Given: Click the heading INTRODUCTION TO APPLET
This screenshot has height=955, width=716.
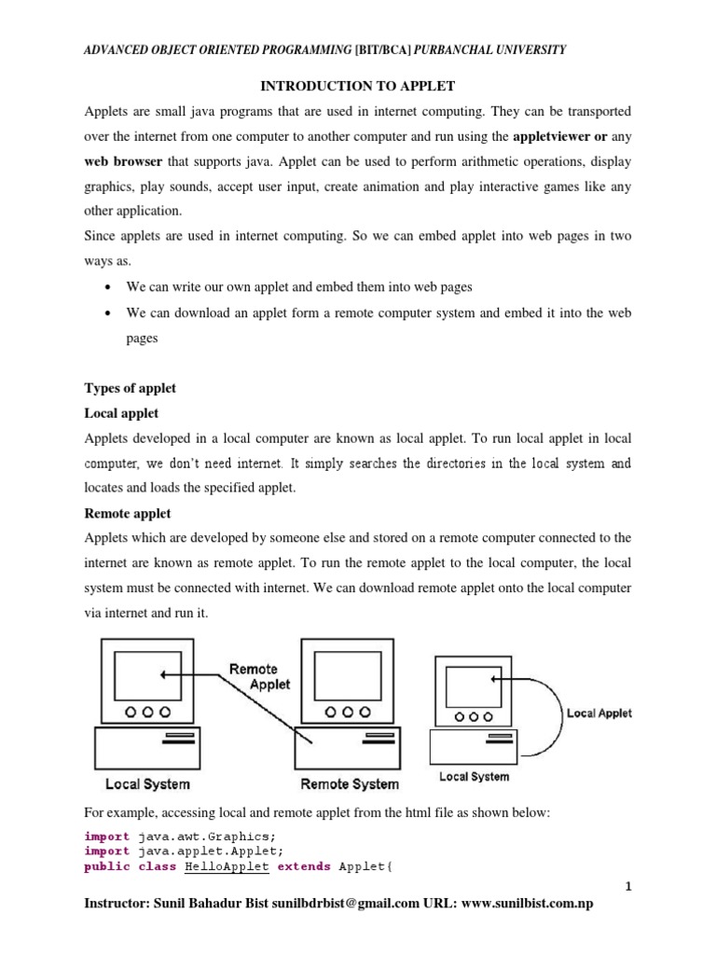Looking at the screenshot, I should pos(357,86).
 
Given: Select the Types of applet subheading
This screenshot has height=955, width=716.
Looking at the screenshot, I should pos(131,388).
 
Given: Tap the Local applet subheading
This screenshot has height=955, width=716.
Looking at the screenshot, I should pos(121,412).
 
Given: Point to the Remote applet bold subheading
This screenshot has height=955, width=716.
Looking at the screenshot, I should pos(128,513).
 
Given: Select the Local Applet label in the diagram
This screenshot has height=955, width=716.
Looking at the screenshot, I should pos(599,713).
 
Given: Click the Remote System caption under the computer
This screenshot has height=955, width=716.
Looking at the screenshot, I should pos(349,784).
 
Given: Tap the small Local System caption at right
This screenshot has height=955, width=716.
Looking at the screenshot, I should pos(474,777).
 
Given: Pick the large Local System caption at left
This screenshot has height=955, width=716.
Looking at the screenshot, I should pos(147,784).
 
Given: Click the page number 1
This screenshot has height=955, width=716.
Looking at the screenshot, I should pos(628,887).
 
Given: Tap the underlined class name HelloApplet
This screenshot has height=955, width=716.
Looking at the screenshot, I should pos(227,866).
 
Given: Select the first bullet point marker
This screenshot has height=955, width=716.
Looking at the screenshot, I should pos(111,287).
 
